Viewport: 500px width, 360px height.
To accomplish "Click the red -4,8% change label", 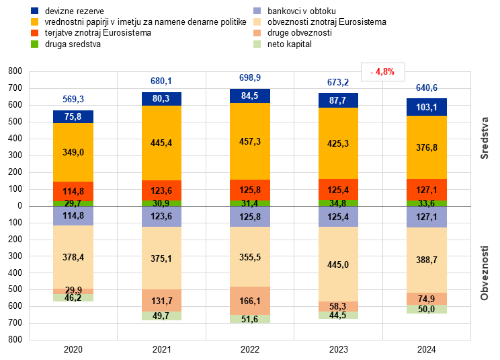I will [383, 71].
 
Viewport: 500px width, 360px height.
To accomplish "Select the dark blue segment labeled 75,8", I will [73, 116].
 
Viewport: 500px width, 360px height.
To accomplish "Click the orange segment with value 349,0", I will [73, 152].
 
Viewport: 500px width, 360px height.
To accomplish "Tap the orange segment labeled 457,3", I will [250, 141].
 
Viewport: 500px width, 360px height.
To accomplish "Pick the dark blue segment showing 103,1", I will [427, 107].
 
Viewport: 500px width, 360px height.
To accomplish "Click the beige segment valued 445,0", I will [339, 264].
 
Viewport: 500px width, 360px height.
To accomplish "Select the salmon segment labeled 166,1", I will [250, 301].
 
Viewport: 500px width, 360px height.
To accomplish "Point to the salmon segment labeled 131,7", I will [162, 300].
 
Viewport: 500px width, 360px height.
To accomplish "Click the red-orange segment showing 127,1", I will [427, 189].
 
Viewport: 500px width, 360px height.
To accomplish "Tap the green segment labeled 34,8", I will [339, 203].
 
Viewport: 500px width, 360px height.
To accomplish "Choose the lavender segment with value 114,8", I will [73, 216].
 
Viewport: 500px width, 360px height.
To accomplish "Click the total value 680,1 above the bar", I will [161, 81].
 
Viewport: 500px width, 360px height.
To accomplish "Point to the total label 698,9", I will [250, 78].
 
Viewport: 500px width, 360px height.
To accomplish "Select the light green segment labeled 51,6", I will [250, 319].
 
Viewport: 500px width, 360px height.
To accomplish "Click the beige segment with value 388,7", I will [427, 259].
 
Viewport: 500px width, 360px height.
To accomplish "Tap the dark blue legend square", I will [35, 11].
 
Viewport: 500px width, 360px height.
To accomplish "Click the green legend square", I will [35, 44].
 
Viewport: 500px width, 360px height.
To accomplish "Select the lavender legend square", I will [257, 11].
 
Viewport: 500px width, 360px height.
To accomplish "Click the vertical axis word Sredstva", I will [484, 138].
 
